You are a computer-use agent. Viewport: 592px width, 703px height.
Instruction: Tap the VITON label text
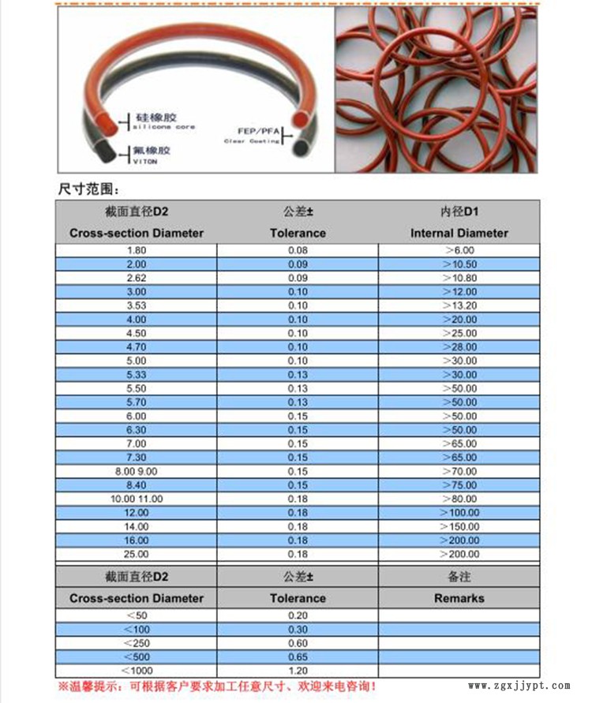click(x=145, y=161)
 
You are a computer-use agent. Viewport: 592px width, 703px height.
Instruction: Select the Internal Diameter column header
click(x=459, y=233)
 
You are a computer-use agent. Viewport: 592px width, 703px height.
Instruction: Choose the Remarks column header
click(x=459, y=598)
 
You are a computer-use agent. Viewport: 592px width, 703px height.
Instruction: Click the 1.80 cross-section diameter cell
click(x=136, y=250)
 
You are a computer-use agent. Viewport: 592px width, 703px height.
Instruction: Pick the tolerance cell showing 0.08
click(x=298, y=250)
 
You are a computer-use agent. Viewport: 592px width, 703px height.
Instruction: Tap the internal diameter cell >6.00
click(x=459, y=250)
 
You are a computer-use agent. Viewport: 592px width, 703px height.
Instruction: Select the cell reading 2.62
click(x=136, y=278)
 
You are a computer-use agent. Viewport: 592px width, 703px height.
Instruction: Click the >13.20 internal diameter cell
click(x=459, y=305)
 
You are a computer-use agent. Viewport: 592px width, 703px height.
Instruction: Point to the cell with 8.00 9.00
click(x=137, y=471)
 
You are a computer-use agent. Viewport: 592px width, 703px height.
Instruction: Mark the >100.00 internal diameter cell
click(x=459, y=513)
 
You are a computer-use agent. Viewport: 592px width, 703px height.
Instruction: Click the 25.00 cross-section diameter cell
click(x=136, y=554)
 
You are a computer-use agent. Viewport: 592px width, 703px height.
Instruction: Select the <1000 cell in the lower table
click(x=136, y=671)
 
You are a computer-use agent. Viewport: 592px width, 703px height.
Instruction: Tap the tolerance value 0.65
click(x=298, y=657)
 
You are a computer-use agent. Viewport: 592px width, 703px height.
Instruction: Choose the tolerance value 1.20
click(x=298, y=671)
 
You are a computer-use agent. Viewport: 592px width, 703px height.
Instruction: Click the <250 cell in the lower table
click(x=136, y=643)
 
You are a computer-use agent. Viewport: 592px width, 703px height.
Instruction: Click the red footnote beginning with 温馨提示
click(x=217, y=687)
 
